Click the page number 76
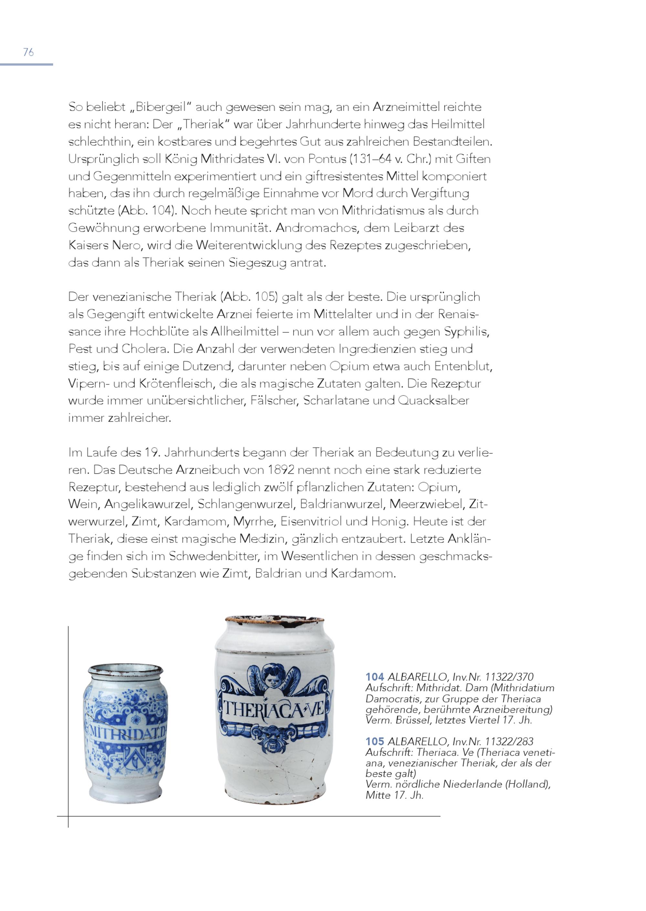(x=28, y=52)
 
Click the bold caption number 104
(x=375, y=677)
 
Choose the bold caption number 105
(x=375, y=741)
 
